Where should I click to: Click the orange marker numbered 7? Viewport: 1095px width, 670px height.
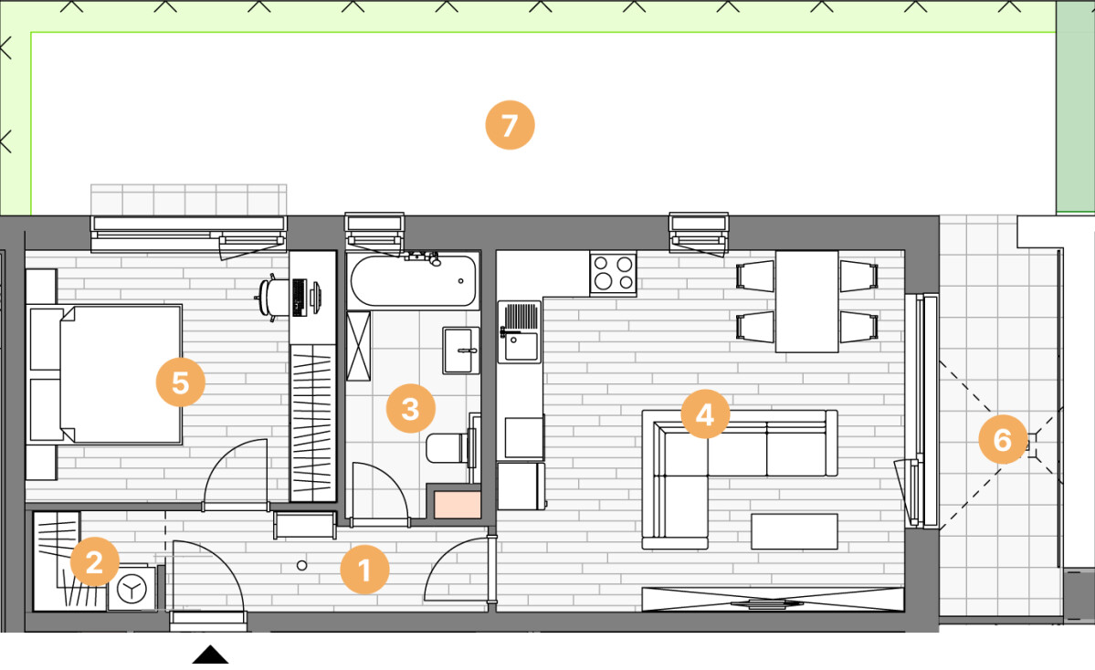(x=510, y=125)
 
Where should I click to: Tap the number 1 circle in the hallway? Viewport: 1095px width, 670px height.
(x=363, y=570)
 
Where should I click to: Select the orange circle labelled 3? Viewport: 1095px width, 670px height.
(x=411, y=408)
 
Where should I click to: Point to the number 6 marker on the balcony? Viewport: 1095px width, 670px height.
(x=1002, y=440)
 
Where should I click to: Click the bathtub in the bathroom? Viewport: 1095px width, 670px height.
(x=414, y=280)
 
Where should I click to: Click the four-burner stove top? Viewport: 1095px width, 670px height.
(x=613, y=273)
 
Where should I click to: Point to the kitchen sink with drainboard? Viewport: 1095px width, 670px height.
(x=519, y=331)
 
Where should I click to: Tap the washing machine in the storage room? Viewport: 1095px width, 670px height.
(x=132, y=589)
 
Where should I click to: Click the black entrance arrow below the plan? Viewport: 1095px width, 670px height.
(x=210, y=654)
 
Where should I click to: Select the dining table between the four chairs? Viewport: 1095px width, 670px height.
(x=806, y=301)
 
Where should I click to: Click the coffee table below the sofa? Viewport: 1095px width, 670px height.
(x=794, y=531)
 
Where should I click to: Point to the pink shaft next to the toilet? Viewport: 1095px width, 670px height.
(x=458, y=505)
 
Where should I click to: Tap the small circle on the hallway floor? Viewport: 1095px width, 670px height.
(x=301, y=565)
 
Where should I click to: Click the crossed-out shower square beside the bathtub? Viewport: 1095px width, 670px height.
(x=358, y=346)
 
